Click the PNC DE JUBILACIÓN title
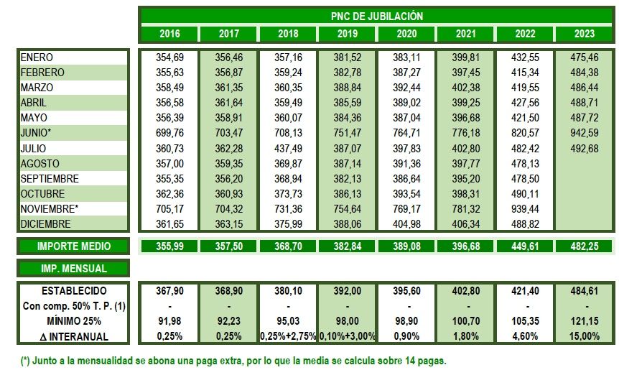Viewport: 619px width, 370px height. tap(377, 16)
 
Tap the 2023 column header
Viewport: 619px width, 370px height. tap(585, 34)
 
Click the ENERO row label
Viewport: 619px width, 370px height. tap(37, 57)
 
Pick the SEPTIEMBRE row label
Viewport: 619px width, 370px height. tap(50, 178)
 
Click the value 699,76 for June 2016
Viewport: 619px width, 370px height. tap(170, 133)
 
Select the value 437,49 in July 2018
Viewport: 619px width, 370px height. tap(288, 148)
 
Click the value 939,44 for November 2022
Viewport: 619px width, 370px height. tap(525, 208)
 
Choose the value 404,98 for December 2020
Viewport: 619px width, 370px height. tap(406, 223)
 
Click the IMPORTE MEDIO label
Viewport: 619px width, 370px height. tap(74, 246)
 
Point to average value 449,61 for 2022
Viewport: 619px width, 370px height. tap(525, 246)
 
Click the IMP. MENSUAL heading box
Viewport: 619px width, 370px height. tap(74, 269)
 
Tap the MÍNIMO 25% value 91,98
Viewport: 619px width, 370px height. tap(170, 321)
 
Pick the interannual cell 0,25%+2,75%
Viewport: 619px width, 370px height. tap(288, 336)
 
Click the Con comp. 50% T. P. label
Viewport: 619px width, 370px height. tap(74, 306)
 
